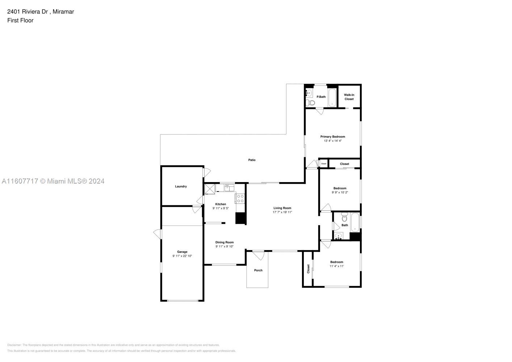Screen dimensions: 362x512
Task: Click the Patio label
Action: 252,160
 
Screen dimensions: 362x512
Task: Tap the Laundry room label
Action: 181,186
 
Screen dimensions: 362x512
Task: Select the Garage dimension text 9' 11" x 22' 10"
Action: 182,256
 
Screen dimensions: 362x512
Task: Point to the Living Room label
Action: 282,208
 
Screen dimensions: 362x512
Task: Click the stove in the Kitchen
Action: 240,198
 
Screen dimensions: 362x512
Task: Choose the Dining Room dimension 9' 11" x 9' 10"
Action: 224,247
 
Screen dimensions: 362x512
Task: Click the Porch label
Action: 258,270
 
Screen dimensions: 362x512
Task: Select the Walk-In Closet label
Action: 349,97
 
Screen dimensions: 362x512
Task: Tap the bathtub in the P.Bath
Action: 332,97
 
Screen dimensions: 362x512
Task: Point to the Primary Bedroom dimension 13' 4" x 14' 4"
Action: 332,141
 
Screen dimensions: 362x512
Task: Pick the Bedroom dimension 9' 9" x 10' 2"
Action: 340,193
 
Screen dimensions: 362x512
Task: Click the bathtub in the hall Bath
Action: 355,223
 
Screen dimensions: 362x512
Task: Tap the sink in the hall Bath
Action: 339,236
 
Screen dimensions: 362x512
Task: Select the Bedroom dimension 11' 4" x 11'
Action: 336,266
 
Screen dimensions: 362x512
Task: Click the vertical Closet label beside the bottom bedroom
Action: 309,269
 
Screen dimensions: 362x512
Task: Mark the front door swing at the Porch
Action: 258,256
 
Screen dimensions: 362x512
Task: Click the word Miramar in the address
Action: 63,12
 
